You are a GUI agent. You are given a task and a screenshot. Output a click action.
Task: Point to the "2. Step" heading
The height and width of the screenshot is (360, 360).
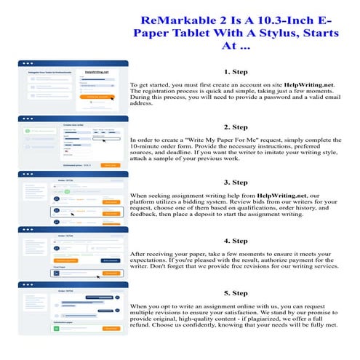pos(236,127)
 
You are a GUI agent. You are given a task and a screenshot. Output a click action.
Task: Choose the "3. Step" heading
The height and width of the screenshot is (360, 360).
pos(236,182)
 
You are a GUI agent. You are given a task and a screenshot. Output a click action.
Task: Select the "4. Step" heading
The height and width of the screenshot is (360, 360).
pos(236,240)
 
